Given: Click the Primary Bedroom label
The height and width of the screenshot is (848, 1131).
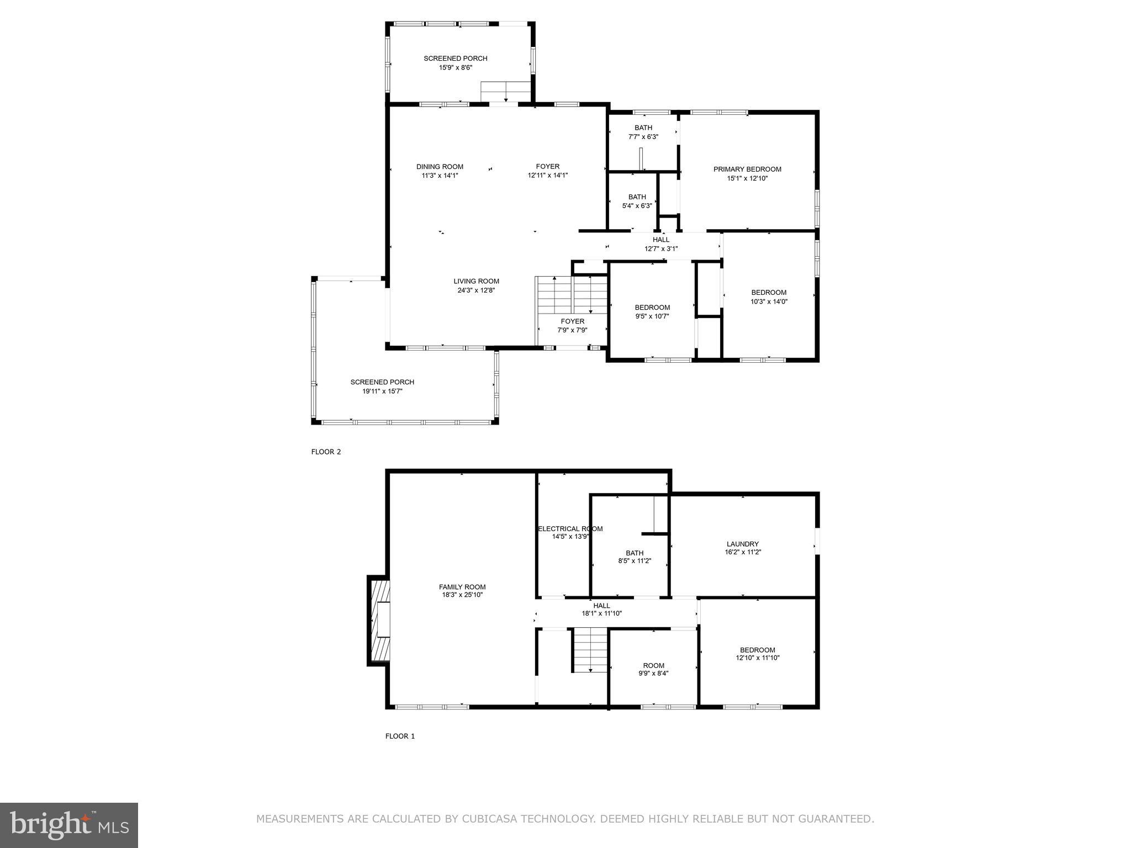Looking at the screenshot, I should pyautogui.click(x=747, y=169).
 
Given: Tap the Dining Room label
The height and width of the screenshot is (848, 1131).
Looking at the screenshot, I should pyautogui.click(x=440, y=167).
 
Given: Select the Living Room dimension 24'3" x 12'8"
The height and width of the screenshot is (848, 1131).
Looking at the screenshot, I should pyautogui.click(x=476, y=290).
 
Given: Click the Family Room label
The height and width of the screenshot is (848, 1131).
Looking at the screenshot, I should pyautogui.click(x=462, y=587).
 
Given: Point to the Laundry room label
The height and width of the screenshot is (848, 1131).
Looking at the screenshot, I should pyautogui.click(x=742, y=544).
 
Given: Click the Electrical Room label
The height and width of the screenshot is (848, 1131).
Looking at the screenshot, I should pyautogui.click(x=570, y=529).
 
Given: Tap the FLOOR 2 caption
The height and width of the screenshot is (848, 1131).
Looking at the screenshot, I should pyautogui.click(x=326, y=452).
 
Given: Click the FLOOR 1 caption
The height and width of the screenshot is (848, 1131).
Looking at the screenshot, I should pyautogui.click(x=400, y=736).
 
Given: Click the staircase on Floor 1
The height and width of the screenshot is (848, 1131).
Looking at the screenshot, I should pyautogui.click(x=590, y=650).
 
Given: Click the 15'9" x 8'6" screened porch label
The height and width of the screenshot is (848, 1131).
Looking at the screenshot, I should pyautogui.click(x=456, y=59).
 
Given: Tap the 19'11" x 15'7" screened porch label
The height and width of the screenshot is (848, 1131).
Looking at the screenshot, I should pyautogui.click(x=382, y=382).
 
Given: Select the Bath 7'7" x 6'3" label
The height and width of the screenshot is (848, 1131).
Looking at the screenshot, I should pyautogui.click(x=643, y=128).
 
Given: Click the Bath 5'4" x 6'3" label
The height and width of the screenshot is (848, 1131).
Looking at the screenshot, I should pyautogui.click(x=637, y=197).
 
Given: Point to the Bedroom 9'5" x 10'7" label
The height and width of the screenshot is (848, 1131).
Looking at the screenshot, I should pyautogui.click(x=652, y=308).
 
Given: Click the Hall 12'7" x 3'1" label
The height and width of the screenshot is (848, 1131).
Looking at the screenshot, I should pyautogui.click(x=661, y=240).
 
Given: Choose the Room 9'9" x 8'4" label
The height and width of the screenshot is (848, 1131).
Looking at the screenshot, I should pyautogui.click(x=653, y=665).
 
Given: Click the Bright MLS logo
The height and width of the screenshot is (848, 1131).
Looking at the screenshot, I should pyautogui.click(x=69, y=825).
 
